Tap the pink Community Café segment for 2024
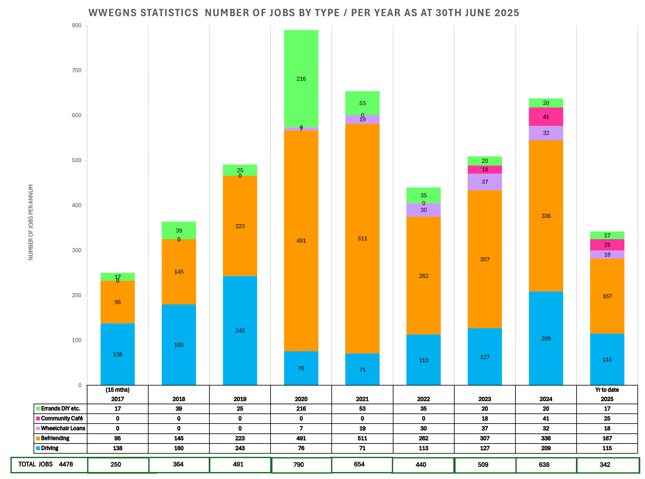click(546, 117)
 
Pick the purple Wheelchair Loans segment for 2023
click(485, 182)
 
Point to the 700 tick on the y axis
click(77, 70)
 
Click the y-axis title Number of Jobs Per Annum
click(31, 222)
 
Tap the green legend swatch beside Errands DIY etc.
click(38, 409)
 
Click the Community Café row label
click(62, 418)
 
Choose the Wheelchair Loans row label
click(63, 428)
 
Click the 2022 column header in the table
click(423, 399)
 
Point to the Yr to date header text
click(607, 390)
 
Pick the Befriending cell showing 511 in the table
click(362, 438)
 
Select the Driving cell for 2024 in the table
click(546, 448)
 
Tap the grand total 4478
click(66, 464)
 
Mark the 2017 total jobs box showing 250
click(116, 464)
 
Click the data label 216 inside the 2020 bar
click(301, 79)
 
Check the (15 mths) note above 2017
click(118, 390)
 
